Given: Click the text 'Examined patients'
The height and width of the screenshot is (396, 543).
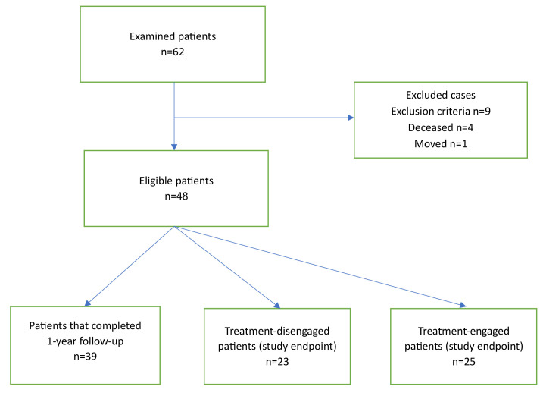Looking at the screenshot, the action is [x=173, y=36].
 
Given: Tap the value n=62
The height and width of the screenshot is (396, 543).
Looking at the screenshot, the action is [x=173, y=52].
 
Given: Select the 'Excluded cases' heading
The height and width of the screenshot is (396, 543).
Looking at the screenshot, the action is [x=441, y=95].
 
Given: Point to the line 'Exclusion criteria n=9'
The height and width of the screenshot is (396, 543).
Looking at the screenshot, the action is [x=441, y=111].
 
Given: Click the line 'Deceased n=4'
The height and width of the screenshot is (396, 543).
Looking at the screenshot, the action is [x=441, y=127].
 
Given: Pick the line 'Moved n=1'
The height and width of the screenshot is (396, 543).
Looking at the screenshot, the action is [x=441, y=143].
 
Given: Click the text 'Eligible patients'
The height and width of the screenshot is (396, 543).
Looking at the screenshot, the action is [x=176, y=181].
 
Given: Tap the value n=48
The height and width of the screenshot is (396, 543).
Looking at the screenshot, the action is [x=176, y=196].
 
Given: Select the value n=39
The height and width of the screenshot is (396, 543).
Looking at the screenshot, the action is [x=85, y=357].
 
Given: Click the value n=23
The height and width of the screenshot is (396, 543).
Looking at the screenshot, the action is [x=277, y=362].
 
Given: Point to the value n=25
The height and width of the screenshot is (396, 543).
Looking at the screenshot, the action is [x=463, y=362].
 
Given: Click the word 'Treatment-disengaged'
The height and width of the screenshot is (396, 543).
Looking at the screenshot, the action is [x=277, y=331].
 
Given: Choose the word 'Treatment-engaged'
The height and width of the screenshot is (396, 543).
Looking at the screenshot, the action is [x=463, y=331].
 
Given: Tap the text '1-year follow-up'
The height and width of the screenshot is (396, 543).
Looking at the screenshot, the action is [x=85, y=341].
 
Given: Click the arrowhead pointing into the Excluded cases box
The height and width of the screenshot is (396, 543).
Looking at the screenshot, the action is [x=351, y=118].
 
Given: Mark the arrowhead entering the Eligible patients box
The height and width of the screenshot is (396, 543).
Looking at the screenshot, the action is [x=174, y=147].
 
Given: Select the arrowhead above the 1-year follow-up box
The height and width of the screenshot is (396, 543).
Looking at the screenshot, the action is [x=87, y=303].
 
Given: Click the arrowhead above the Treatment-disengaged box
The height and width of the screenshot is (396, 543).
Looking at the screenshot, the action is [x=277, y=306].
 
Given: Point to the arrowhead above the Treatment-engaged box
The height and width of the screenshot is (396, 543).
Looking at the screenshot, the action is [x=463, y=306].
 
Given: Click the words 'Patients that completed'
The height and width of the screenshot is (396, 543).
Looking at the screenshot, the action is [x=85, y=326].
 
